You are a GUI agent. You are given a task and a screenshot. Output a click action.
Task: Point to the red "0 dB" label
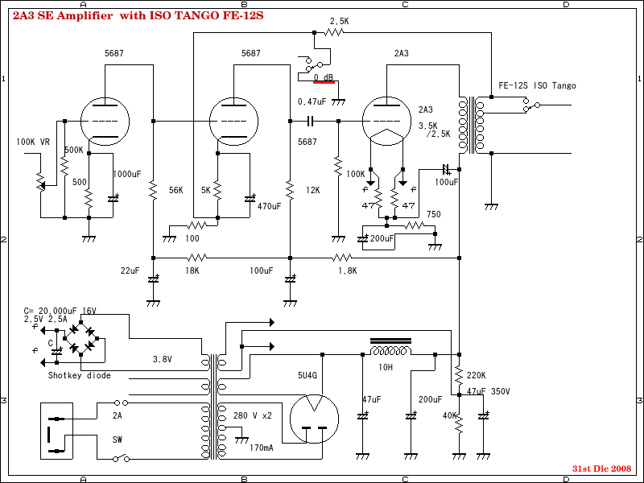pyautogui.click(x=324, y=77)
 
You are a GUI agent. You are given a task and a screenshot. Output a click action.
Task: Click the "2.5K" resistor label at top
pyautogui.click(x=340, y=21)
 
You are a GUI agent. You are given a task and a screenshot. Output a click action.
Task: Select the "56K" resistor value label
pyautogui.click(x=177, y=191)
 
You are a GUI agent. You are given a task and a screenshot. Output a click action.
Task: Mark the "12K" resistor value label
pyautogui.click(x=313, y=191)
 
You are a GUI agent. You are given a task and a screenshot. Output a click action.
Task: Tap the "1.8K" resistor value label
pyautogui.click(x=346, y=270)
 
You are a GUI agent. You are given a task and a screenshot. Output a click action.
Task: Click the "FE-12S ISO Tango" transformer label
pyautogui.click(x=537, y=85)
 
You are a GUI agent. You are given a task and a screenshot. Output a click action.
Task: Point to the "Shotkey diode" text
pyautogui.click(x=79, y=375)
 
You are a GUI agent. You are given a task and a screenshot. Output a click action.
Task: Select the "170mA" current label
pyautogui.click(x=261, y=447)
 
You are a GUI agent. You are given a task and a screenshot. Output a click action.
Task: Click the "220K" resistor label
pyautogui.click(x=475, y=375)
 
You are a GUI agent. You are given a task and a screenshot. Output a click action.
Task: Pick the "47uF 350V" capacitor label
pyautogui.click(x=489, y=391)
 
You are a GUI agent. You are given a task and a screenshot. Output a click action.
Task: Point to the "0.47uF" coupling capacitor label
pyautogui.click(x=312, y=101)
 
